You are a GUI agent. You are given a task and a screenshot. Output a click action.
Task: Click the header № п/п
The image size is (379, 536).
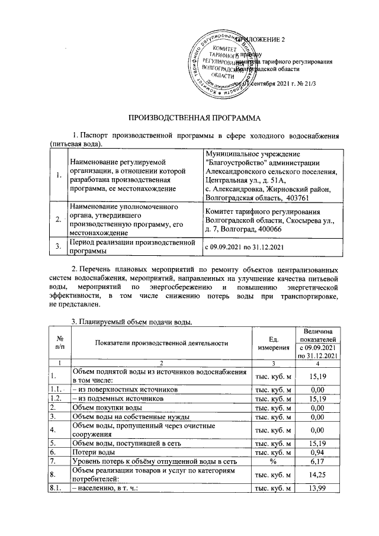(58, 342)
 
